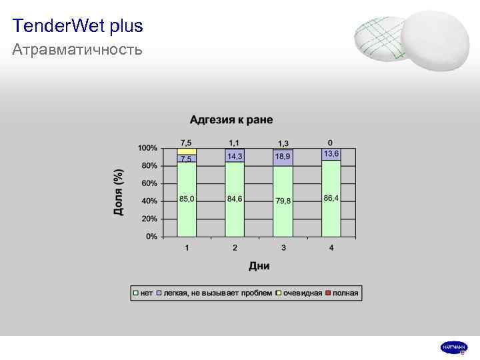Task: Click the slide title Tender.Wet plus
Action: click(77, 27)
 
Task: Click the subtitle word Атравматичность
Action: click(77, 50)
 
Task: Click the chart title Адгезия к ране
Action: click(231, 120)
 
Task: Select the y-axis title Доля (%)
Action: click(118, 192)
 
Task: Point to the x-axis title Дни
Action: click(259, 266)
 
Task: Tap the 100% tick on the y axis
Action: click(148, 147)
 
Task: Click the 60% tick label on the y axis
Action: click(150, 183)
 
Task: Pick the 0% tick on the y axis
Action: click(152, 237)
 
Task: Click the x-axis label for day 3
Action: click(283, 248)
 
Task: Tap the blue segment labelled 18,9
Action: click(283, 157)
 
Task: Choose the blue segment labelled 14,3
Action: click(235, 155)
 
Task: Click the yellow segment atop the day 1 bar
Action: click(187, 151)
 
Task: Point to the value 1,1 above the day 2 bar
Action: click(235, 143)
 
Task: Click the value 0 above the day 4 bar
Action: click(331, 143)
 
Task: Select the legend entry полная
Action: click(345, 293)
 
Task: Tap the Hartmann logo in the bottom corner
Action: click(454, 347)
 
